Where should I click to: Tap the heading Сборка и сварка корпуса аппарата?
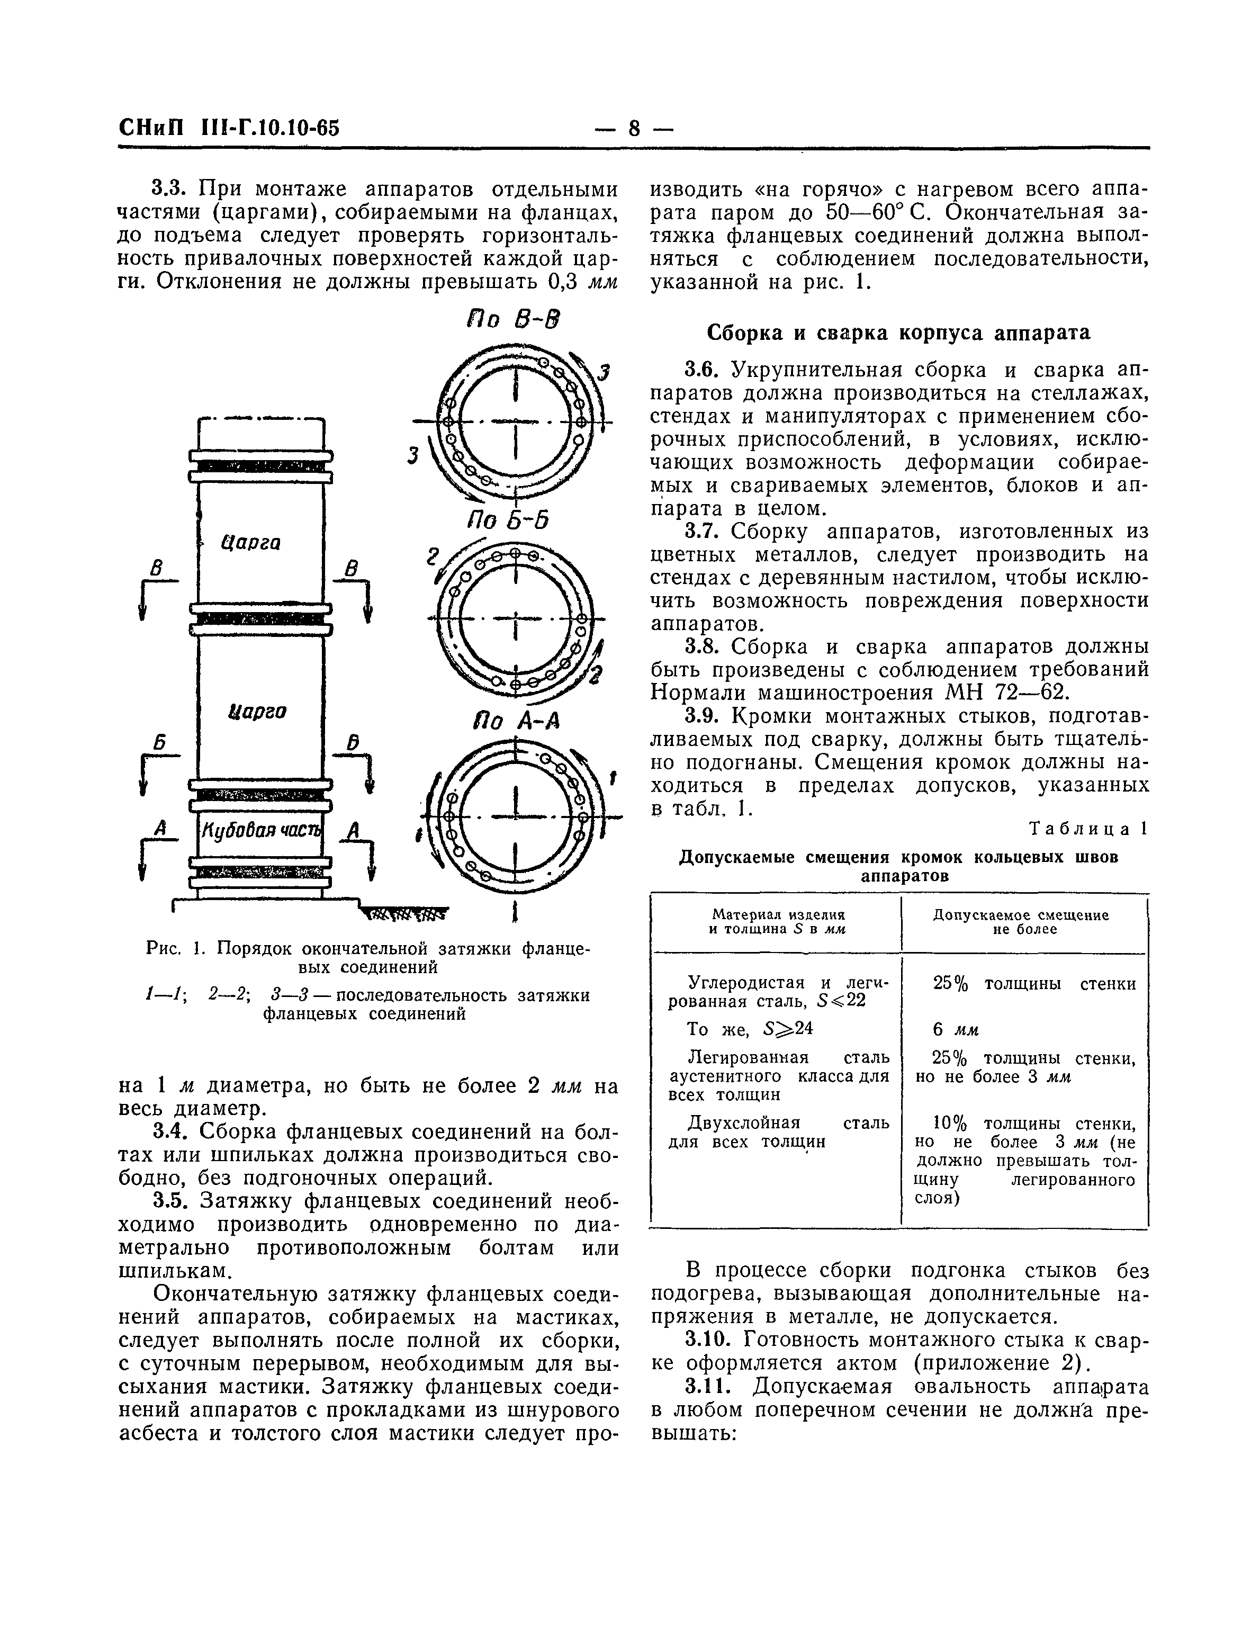point(898,333)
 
